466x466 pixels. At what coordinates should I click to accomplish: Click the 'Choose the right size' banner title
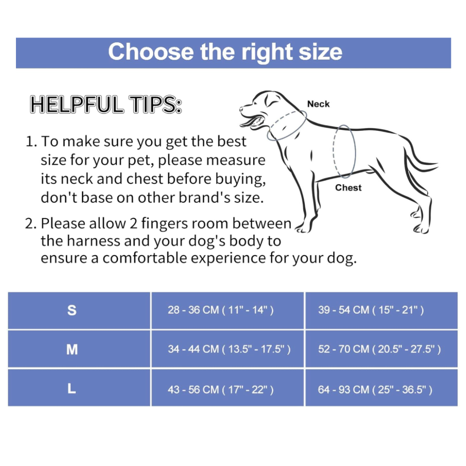pyautogui.click(x=225, y=52)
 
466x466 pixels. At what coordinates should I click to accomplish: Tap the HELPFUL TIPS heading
pyautogui.click(x=106, y=105)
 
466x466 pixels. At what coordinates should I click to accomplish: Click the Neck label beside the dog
pyautogui.click(x=318, y=104)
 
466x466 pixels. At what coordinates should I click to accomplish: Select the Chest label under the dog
pyautogui.click(x=348, y=188)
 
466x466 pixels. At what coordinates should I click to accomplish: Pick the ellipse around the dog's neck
pyautogui.click(x=287, y=125)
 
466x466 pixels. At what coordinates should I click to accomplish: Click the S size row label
pyautogui.click(x=72, y=310)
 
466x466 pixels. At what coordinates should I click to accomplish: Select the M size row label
pyautogui.click(x=72, y=349)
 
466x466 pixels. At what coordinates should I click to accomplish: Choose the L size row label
pyautogui.click(x=72, y=389)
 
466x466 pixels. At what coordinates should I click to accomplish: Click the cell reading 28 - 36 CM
pyautogui.click(x=220, y=310)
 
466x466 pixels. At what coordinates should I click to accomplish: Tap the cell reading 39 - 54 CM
pyautogui.click(x=371, y=310)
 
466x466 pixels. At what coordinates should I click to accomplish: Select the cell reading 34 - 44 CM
pyautogui.click(x=229, y=349)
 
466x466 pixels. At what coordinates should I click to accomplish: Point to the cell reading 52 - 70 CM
pyautogui.click(x=379, y=349)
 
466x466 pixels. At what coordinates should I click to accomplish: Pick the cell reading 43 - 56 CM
pyautogui.click(x=220, y=390)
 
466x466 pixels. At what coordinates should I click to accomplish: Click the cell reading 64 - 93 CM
pyautogui.click(x=375, y=390)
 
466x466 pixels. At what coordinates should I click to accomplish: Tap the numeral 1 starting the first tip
pyautogui.click(x=30, y=142)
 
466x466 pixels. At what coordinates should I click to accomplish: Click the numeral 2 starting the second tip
pyautogui.click(x=30, y=224)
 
